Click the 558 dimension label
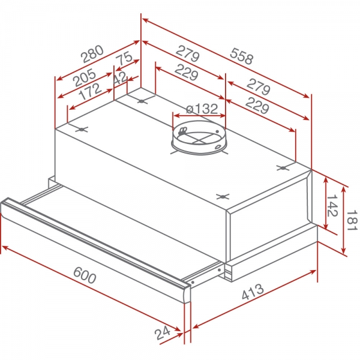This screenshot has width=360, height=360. point(242,56)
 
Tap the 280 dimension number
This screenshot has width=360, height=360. point(93,54)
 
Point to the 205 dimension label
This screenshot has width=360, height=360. point(84,77)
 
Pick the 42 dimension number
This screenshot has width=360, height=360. point(120,78)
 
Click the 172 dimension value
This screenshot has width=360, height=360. point(90,91)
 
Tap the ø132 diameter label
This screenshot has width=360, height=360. point(202,109)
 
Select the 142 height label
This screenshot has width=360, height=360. point(332,206)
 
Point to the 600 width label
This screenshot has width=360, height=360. point(85,275)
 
